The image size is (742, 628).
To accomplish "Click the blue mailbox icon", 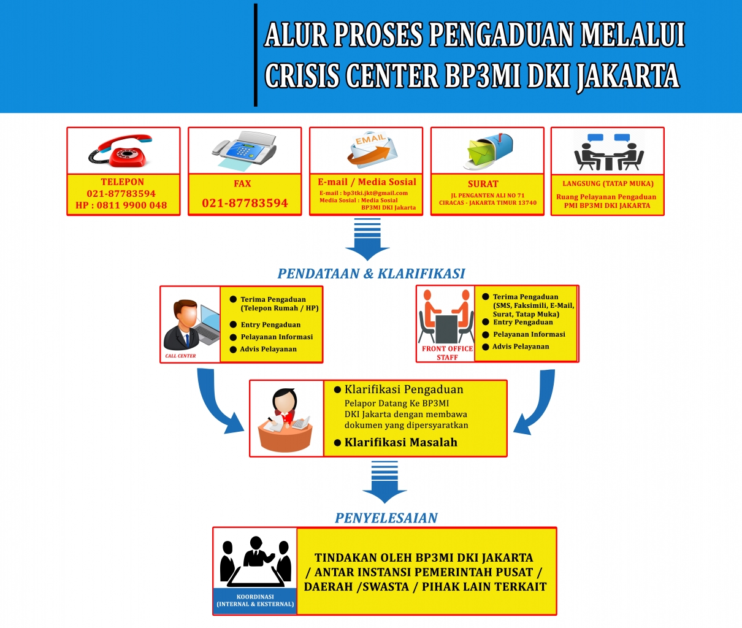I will point(487,150).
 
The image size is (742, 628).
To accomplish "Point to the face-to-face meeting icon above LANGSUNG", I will point(608,151).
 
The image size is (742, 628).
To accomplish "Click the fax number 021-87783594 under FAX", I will point(245,203).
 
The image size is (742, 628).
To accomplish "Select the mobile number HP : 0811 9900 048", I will point(121,205).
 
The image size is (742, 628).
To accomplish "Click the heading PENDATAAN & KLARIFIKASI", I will point(371,274).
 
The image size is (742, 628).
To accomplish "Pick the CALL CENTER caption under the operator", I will point(180,356).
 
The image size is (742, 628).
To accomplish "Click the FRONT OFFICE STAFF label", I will point(447,353).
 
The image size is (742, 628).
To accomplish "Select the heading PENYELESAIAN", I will point(386,518).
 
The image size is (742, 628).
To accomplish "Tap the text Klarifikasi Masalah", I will point(400,442).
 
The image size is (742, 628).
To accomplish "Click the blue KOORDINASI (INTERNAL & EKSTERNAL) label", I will point(255,600).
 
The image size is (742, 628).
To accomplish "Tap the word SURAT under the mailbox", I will point(483,183).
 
